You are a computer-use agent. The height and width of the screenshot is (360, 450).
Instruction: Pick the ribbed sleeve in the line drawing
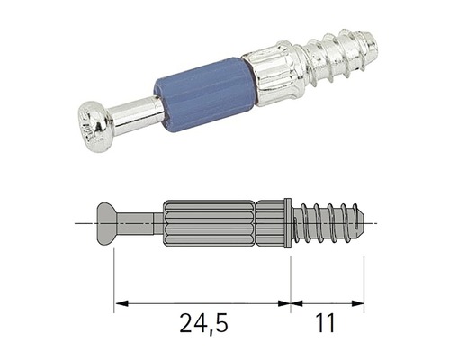click(207, 221)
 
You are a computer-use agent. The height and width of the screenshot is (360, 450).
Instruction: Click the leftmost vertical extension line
click(114, 279)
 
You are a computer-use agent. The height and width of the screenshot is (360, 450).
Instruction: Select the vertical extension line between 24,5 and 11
click(290, 279)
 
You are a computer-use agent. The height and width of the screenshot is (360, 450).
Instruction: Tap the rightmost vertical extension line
click(364, 279)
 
